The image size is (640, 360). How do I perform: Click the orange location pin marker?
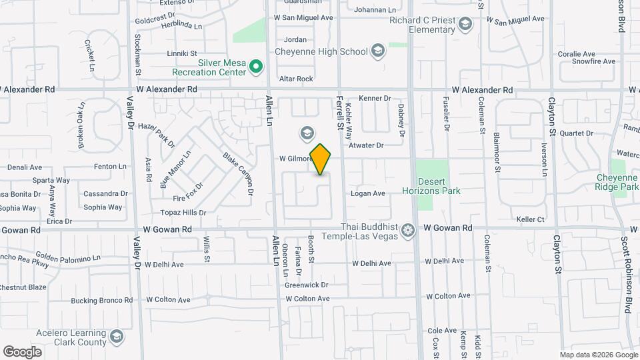coord(321,159)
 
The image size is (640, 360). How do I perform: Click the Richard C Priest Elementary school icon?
coord(465,25)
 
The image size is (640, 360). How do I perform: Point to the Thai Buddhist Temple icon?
coord(408,231)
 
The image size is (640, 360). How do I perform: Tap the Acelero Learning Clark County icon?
coord(117,335)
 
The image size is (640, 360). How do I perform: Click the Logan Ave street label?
coord(368,194)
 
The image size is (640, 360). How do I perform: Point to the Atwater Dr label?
coord(367,145)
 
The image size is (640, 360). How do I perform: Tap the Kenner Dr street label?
coord(375,99)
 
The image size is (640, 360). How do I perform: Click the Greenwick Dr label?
coord(307,285)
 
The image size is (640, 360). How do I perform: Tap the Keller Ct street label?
coord(531,219)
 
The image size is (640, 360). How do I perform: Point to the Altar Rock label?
coord(296,79)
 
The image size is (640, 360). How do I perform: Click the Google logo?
coord(22,352)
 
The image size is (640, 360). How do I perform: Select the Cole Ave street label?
coord(442,331)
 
